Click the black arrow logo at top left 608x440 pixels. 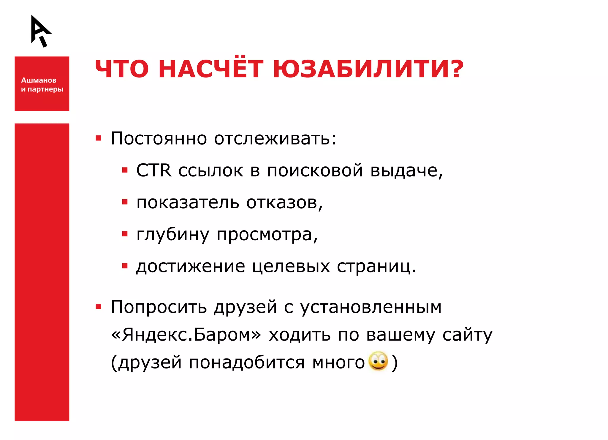[x=41, y=31]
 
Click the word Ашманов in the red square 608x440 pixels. [x=39, y=80]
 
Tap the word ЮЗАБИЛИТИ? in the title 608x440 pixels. [x=368, y=69]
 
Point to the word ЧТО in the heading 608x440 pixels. [x=122, y=69]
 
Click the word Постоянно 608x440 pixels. [x=159, y=138]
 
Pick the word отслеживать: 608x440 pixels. [x=275, y=138]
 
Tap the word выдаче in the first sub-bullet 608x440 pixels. [x=406, y=171]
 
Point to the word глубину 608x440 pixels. [x=173, y=235]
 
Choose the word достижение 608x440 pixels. [x=190, y=266]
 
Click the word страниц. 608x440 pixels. [x=376, y=267]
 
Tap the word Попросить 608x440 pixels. [x=159, y=307]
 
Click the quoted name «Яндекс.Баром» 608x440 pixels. [x=186, y=335]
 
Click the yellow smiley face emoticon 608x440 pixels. [x=378, y=361]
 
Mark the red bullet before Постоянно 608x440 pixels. [x=99, y=138]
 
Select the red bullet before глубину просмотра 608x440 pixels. [x=125, y=234]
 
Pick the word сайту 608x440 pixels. [x=467, y=335]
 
